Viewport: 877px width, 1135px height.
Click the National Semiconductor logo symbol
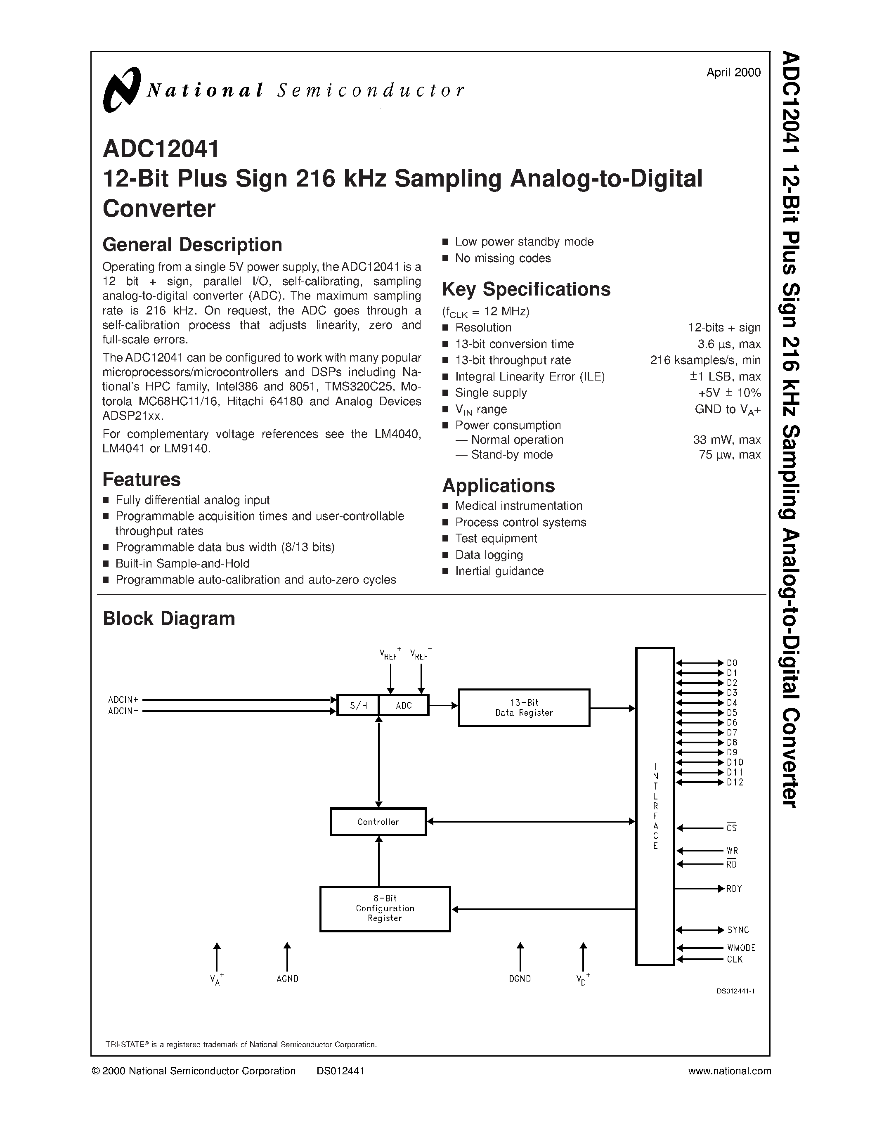point(122,90)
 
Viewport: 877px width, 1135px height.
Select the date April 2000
point(733,73)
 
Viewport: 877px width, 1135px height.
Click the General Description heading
point(192,245)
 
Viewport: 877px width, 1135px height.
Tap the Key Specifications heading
point(526,289)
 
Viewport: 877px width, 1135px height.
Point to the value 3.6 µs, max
point(729,344)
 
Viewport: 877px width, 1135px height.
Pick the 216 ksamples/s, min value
point(705,360)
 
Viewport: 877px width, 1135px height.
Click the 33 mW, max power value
point(726,440)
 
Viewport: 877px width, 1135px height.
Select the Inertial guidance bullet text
point(499,571)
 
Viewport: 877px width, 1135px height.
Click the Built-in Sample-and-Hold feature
point(182,563)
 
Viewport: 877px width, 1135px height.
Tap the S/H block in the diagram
point(358,705)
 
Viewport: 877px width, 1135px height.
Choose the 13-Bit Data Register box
point(524,708)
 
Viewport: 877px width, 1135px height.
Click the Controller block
point(378,822)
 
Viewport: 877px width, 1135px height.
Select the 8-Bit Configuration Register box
point(385,908)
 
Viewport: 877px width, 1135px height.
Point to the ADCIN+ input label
point(123,700)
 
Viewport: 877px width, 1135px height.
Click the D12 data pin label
point(735,782)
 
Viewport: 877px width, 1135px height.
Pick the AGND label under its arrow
point(287,979)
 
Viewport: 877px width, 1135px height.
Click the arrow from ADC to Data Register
point(443,705)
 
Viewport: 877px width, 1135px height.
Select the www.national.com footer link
point(729,1071)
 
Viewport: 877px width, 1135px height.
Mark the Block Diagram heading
point(169,618)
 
